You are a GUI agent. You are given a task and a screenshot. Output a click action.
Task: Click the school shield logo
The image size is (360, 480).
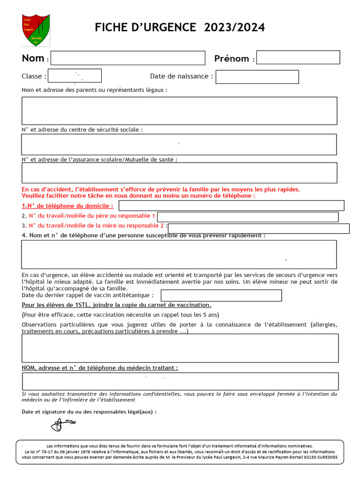click(36, 30)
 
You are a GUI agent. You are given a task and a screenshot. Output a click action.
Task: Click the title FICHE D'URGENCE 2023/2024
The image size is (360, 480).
click(180, 28)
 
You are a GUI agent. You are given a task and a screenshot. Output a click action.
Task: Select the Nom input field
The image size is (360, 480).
click(128, 58)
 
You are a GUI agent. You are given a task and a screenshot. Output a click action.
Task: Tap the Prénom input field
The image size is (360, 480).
click(298, 58)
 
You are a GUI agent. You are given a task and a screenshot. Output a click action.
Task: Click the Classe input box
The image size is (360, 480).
click(75, 76)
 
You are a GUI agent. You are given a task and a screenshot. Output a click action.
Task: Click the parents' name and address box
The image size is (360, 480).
click(179, 111)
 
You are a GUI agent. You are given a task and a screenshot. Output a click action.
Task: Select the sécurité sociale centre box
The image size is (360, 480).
click(179, 144)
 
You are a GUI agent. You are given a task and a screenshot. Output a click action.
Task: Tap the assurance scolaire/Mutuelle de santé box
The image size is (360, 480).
click(179, 172)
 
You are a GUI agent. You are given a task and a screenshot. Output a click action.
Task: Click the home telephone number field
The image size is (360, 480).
click(231, 206)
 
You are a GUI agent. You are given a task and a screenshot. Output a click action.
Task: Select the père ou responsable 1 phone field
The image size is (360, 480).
click(247, 217)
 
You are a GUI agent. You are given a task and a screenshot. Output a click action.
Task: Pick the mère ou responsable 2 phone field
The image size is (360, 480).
click(258, 228)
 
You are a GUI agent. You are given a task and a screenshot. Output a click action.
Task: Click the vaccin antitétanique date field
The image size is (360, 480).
click(221, 295)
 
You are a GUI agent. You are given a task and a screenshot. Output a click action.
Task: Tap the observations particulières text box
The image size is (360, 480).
click(180, 348)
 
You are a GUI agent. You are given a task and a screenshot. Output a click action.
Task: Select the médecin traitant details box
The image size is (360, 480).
click(180, 382)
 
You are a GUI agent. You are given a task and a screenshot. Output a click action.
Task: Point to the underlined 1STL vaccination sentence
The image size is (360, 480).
click(116, 305)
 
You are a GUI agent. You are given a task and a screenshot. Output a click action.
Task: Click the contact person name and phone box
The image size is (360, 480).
click(179, 255)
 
